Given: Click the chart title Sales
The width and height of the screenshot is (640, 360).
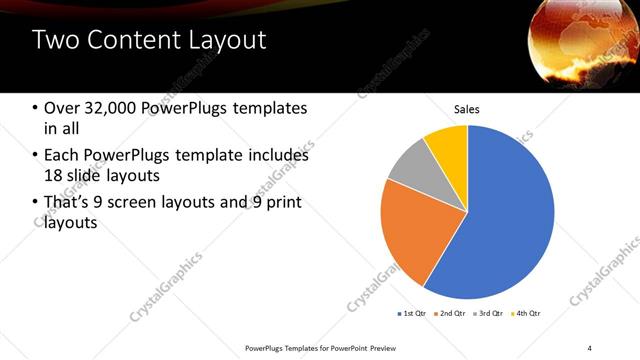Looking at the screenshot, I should click(467, 108).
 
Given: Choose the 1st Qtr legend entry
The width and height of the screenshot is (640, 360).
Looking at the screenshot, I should click(411, 314).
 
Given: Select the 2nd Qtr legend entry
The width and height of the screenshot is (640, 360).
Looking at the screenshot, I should click(449, 314).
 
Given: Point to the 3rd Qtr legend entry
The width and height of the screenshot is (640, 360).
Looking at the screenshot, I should click(488, 314).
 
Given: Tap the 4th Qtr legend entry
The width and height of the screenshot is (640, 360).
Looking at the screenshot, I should click(526, 314).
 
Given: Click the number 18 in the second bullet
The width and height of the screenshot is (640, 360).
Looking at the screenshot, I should click(55, 176).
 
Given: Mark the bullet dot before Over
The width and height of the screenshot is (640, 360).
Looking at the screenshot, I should click(36, 109).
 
